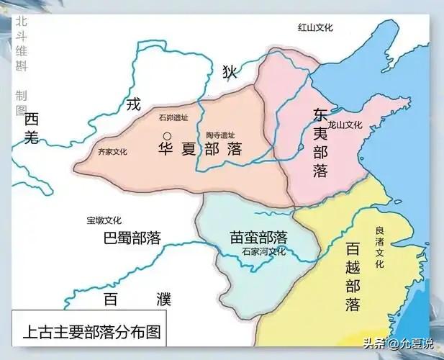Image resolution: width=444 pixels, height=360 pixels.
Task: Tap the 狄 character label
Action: tap(230, 71)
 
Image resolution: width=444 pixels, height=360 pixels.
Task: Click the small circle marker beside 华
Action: tap(167, 136)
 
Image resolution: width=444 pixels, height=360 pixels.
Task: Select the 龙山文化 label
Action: tap(343, 124)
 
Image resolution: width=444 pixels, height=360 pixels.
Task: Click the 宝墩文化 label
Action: tap(104, 220)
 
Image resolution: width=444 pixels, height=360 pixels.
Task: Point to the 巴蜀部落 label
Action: tap(132, 238)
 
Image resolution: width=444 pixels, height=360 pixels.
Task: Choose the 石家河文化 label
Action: tap(263, 252)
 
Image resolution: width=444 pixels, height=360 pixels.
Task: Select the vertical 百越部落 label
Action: tap(353, 277)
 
